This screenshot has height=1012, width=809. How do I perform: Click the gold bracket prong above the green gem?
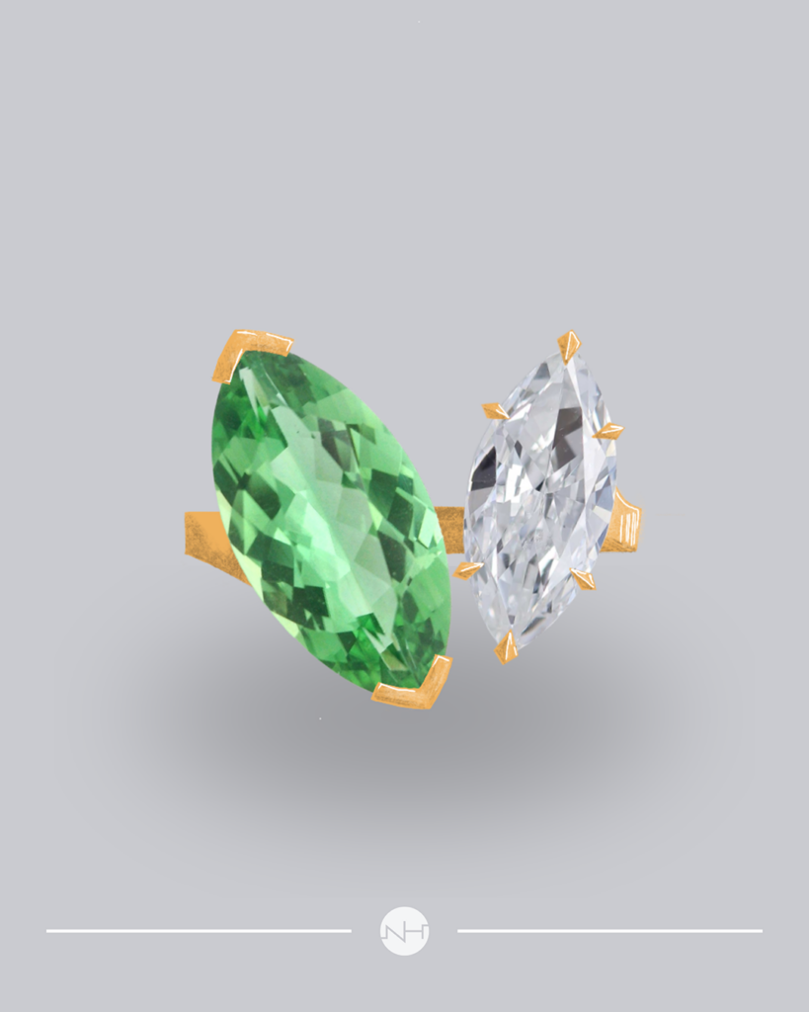click(x=251, y=353)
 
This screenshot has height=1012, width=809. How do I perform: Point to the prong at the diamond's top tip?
click(x=568, y=345)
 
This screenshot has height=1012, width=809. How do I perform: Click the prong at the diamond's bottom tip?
click(x=507, y=648)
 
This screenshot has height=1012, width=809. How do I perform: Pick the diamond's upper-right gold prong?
click(x=609, y=431)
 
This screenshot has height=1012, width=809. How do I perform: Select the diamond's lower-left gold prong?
click(x=467, y=569)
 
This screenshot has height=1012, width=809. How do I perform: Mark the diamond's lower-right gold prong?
click(x=584, y=579)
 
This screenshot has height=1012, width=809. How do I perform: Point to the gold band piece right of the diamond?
click(x=624, y=524)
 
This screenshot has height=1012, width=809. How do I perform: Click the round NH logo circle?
click(x=404, y=931)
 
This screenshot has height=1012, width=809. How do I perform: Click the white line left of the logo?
click(x=198, y=931)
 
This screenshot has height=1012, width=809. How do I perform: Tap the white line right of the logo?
click(x=609, y=931)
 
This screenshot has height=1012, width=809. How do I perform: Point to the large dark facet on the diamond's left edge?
click(x=483, y=470)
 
